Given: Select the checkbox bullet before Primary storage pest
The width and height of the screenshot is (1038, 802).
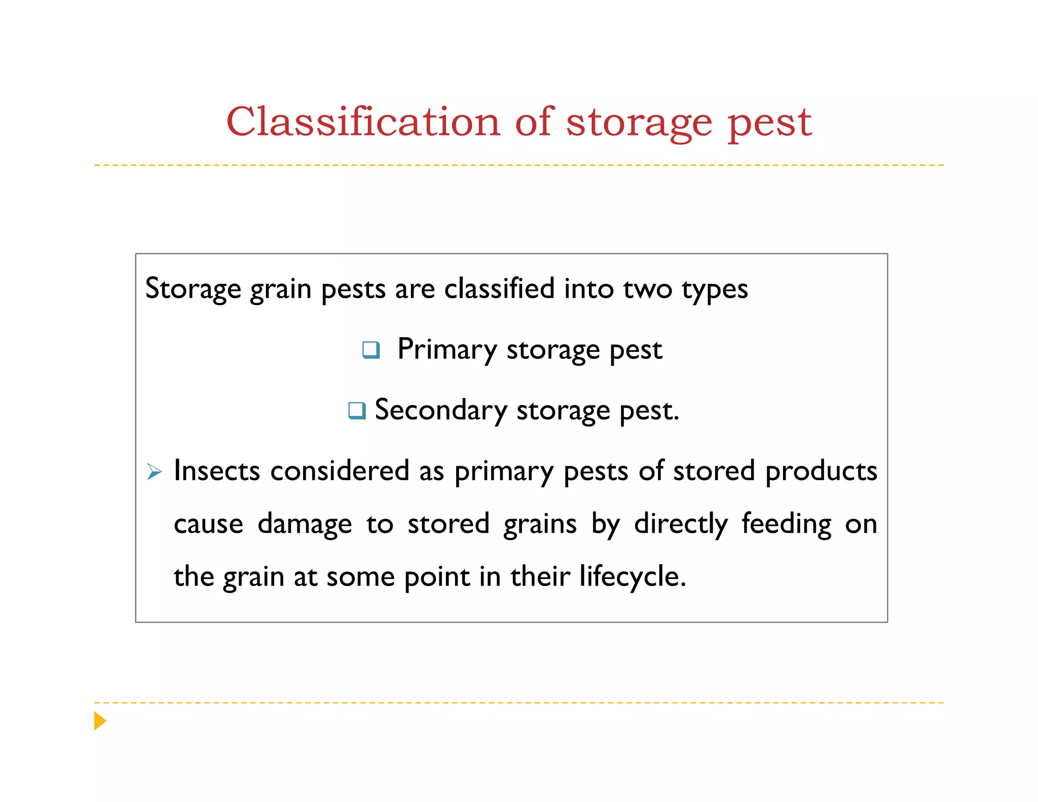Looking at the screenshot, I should pos(371,350).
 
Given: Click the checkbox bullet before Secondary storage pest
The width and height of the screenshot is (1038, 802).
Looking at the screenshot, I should pos(357,410).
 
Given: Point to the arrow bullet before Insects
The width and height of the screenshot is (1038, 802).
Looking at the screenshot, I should pos(154,471).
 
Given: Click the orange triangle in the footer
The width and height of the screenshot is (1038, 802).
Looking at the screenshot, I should pos(100,720).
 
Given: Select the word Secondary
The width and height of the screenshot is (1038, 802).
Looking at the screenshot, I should pos(440,410).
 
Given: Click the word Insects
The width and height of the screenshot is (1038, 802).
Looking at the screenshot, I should pos(217,470).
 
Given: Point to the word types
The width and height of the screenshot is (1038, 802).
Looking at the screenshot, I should pos(715,289).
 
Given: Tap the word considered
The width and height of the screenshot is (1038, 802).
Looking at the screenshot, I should pos(340,470).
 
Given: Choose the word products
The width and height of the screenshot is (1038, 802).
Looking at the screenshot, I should pos(821,471).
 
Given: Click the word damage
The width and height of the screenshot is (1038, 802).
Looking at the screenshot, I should pos(305,524).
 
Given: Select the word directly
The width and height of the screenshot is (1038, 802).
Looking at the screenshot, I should pos(681,524).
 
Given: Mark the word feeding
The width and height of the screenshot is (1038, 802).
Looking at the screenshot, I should pos(787,524).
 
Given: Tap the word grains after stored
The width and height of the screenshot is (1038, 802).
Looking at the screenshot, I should pos(540,524).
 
